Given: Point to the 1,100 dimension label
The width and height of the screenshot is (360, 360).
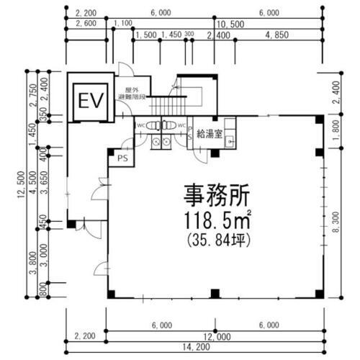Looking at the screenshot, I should point(124,24).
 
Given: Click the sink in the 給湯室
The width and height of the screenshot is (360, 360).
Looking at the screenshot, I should point(230,142).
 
